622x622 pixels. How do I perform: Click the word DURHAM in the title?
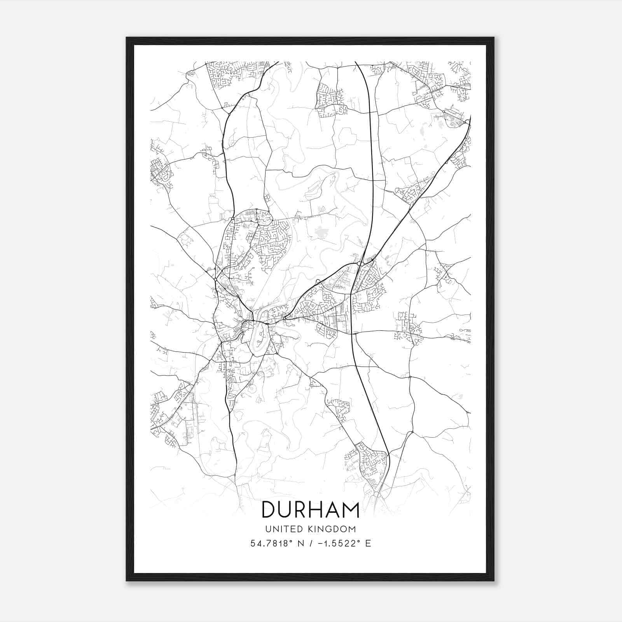(311, 510)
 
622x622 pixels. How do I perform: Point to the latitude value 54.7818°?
(271, 543)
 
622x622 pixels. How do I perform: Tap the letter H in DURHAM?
(318, 510)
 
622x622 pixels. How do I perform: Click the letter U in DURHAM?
(286, 510)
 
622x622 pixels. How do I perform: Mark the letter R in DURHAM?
(301, 510)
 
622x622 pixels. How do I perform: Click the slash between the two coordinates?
(308, 543)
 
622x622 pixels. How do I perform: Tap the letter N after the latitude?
(299, 543)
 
